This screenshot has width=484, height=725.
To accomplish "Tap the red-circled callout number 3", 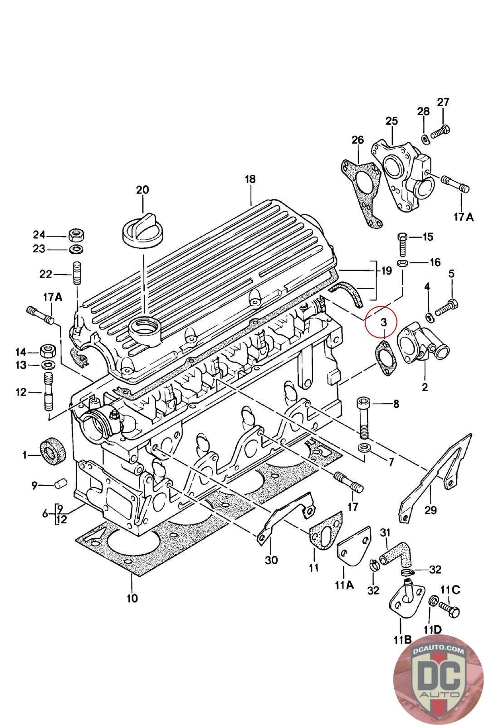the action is pos(384,322).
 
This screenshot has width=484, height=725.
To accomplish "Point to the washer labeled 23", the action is pos(77,249).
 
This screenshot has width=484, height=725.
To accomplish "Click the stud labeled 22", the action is pos(77,273).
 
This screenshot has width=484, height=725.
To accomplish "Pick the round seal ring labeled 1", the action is pos(53,451).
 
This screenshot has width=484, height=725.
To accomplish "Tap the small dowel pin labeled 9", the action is pos(61,484).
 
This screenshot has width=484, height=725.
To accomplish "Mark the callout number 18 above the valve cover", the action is pos(250,179).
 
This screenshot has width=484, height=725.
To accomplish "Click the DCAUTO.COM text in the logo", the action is pos(438,648).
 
